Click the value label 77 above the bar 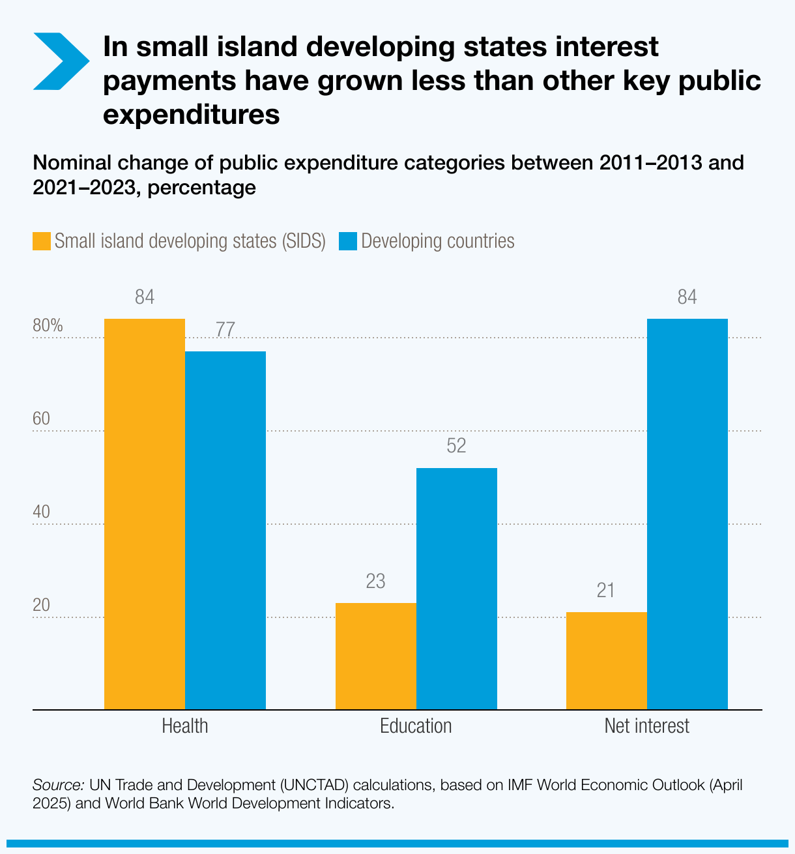pos(225,330)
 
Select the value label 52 pos(457,447)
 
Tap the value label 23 pos(375,582)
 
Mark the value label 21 pos(606,591)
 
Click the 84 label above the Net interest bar pos(687,298)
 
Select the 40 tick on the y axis pos(41,512)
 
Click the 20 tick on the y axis pos(41,606)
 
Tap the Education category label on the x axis pos(416,726)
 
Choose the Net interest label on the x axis pos(646,726)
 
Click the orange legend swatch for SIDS pos(42,241)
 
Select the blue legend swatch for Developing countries pos(348,241)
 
